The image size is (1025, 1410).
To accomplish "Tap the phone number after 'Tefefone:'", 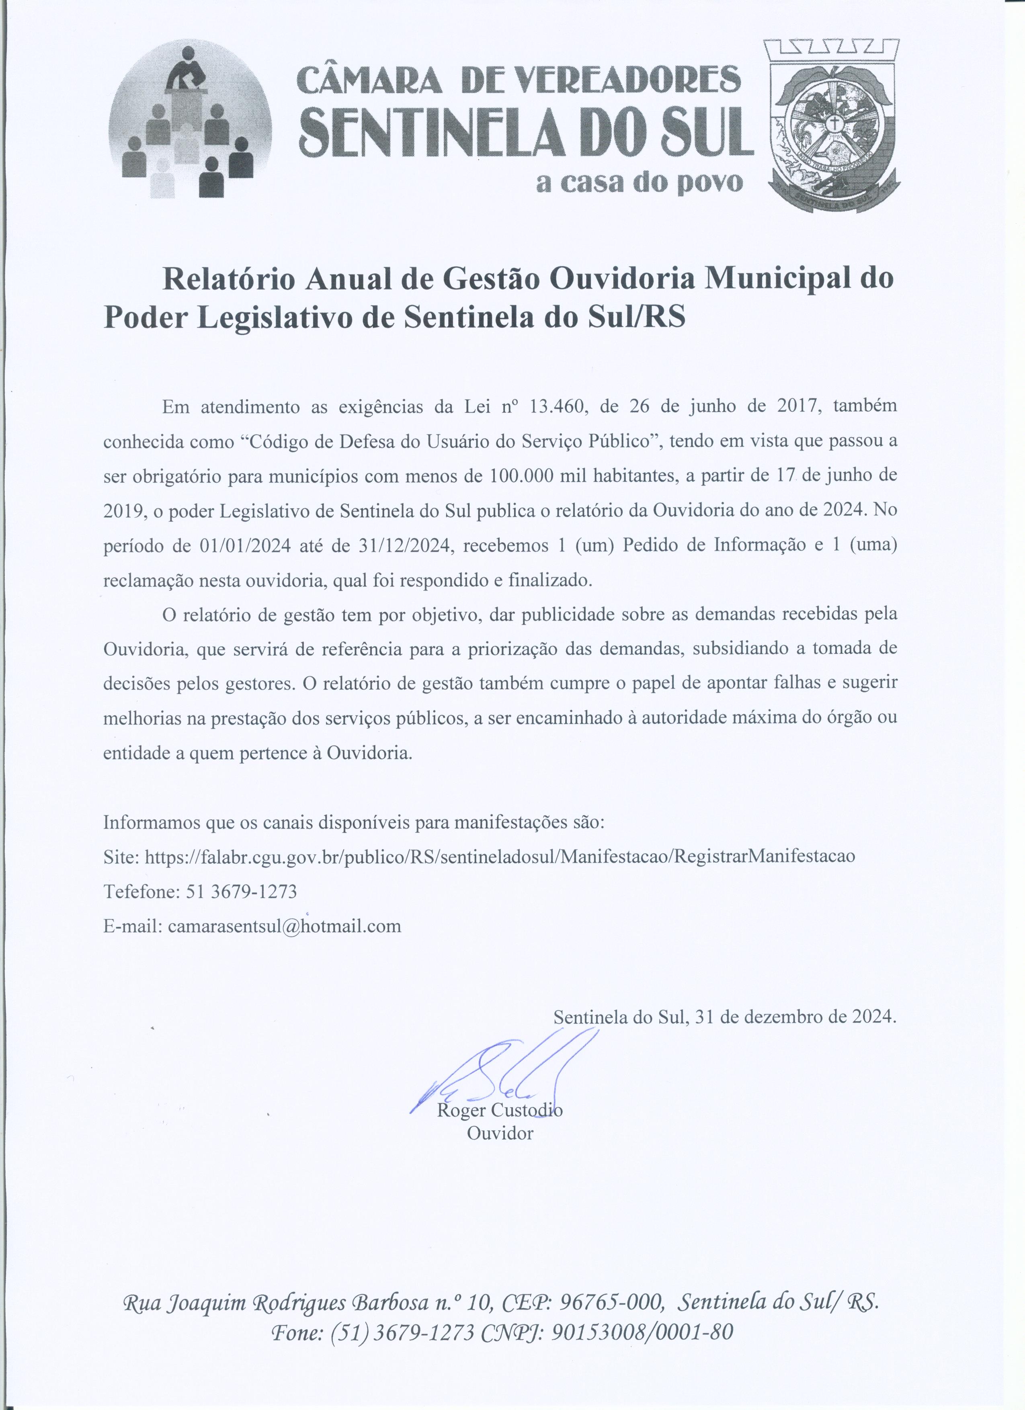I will (x=241, y=891).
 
